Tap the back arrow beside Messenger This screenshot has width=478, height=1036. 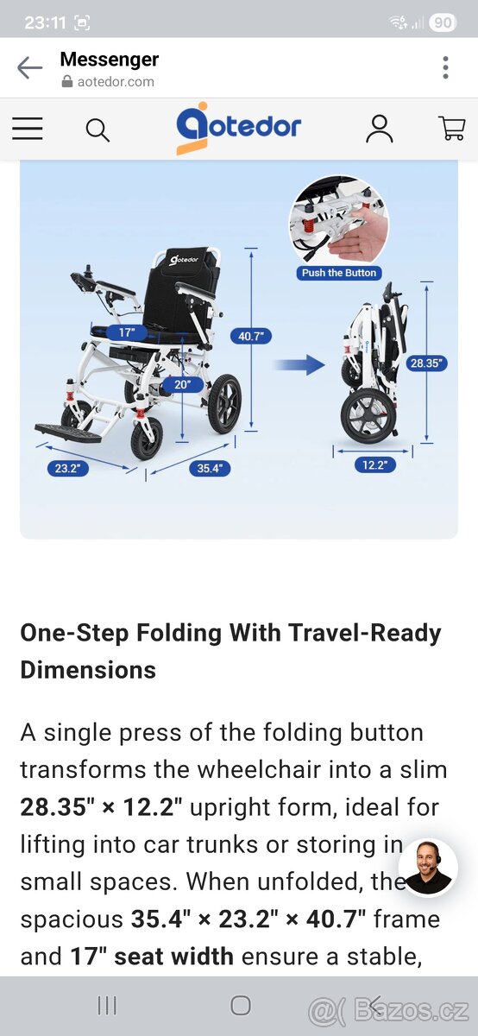coord(29,68)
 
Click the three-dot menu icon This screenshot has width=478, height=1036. coord(445,68)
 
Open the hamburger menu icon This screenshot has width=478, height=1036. coord(28,128)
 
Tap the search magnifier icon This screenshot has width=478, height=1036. coord(97,130)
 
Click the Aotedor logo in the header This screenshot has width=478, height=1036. coord(238,128)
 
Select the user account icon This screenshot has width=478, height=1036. coord(380,129)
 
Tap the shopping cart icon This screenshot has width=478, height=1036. coord(451,128)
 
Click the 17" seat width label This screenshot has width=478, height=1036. coord(126,332)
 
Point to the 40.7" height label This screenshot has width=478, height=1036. coord(251,336)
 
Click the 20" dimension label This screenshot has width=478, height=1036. coord(183,384)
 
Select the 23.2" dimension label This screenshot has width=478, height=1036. coord(68,468)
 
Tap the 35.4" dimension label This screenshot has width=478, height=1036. coord(210,468)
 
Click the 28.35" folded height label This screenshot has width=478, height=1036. coord(427,363)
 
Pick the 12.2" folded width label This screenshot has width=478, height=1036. coord(375,464)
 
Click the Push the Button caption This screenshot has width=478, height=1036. coord(339,273)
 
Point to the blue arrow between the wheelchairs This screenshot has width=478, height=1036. coord(299,365)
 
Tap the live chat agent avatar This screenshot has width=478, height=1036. coord(428,869)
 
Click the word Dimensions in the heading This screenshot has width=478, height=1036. coord(88,670)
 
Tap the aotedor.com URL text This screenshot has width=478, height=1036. coord(116,82)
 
